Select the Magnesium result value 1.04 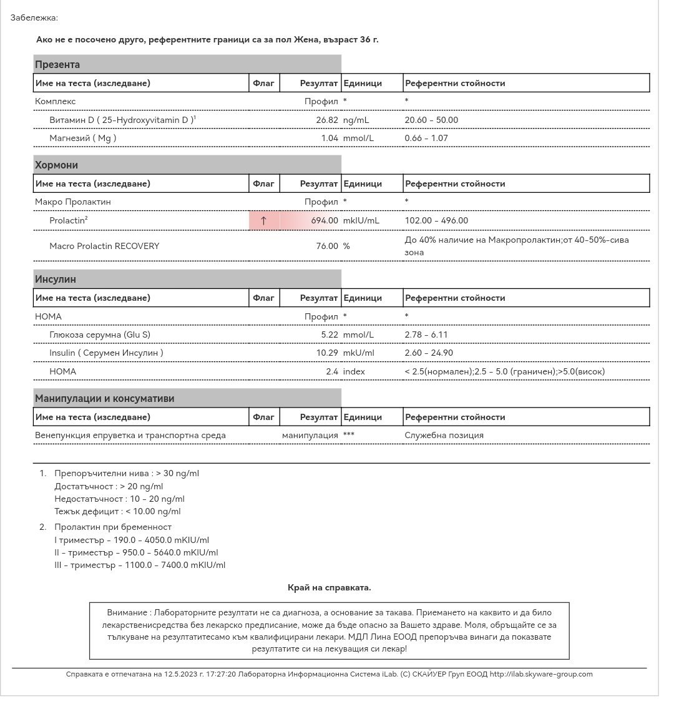point(330,138)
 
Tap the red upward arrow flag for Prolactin point(263,220)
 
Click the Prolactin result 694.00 point(325,220)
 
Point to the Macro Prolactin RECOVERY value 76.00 point(327,246)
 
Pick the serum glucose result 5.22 point(330,335)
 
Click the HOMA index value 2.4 point(332,371)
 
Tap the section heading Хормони point(57,165)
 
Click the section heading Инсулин point(56,279)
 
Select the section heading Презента point(57,64)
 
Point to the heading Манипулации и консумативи point(105,398)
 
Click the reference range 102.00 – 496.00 point(436,220)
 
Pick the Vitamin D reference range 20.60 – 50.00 point(431,120)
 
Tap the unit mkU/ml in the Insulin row point(359,353)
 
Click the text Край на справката point(330,587)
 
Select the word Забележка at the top point(34,17)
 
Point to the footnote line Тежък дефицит point(117,511)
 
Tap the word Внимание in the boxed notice point(128,613)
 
